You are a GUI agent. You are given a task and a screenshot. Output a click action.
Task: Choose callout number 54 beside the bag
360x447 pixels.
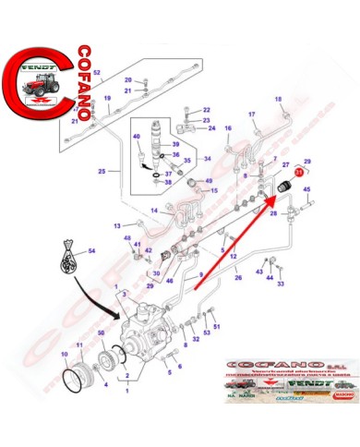click(x=91, y=249)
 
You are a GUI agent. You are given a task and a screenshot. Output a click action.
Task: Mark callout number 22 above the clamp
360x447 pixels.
click(x=206, y=110)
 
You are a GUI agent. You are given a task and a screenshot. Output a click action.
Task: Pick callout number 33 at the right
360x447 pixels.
click(x=281, y=284)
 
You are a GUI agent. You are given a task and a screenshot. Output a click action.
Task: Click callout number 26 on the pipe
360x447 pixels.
click(x=238, y=275)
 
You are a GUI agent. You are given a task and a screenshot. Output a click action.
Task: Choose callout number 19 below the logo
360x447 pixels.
click(x=107, y=98)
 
